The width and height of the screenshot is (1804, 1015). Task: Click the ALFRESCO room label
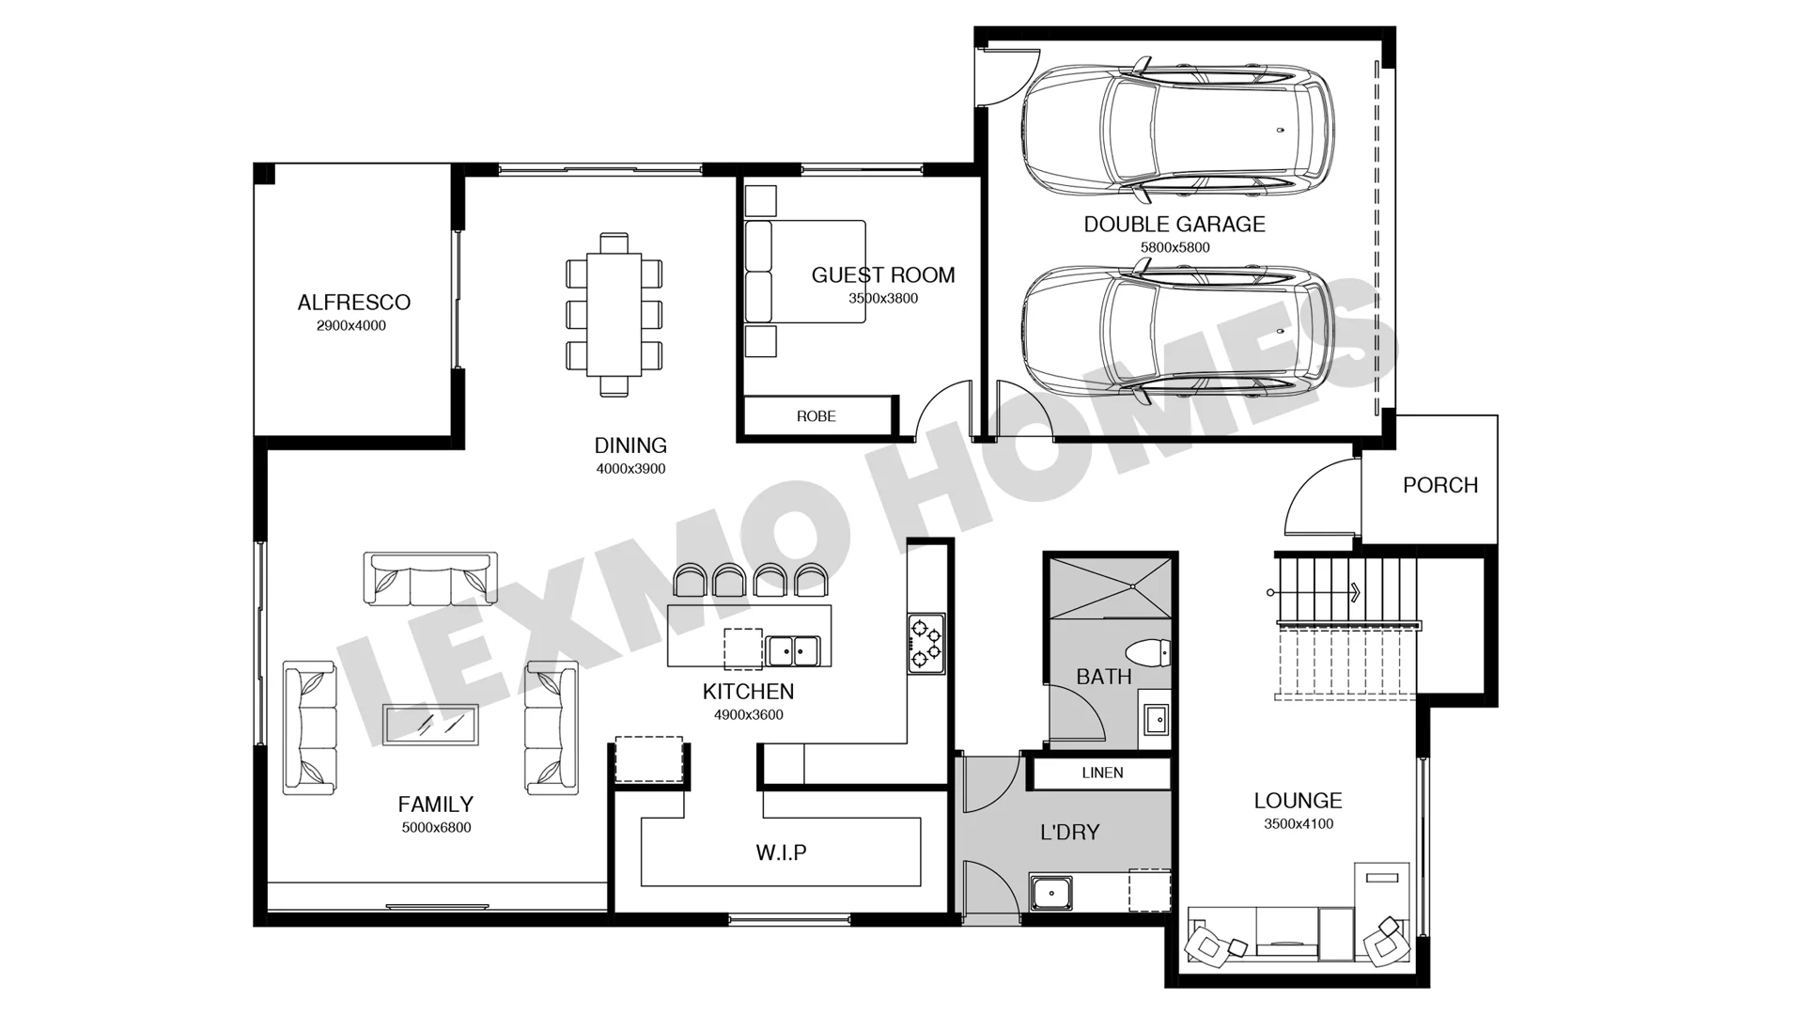click(x=354, y=303)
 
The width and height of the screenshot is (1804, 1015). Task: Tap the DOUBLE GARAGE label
click(x=1174, y=225)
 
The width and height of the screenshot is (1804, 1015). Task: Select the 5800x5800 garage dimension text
click(x=1174, y=248)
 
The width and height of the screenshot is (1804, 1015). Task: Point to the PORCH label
click(x=1440, y=485)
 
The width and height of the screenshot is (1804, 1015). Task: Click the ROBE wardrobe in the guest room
click(x=816, y=416)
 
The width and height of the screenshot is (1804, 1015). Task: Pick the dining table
click(x=614, y=315)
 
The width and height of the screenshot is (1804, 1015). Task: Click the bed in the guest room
click(x=805, y=272)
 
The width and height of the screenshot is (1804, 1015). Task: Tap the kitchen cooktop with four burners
click(x=925, y=643)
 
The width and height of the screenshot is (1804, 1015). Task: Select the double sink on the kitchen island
click(x=792, y=650)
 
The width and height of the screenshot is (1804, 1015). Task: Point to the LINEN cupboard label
click(x=1102, y=773)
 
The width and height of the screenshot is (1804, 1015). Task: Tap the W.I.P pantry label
click(x=782, y=852)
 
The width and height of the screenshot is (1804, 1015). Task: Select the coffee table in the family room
click(x=430, y=725)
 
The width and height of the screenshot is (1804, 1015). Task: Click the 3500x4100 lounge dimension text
click(x=1299, y=824)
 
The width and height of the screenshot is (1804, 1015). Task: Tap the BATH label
click(x=1104, y=677)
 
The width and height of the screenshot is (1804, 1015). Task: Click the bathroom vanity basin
click(x=1155, y=720)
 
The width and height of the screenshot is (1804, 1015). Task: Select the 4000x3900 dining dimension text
click(x=630, y=469)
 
